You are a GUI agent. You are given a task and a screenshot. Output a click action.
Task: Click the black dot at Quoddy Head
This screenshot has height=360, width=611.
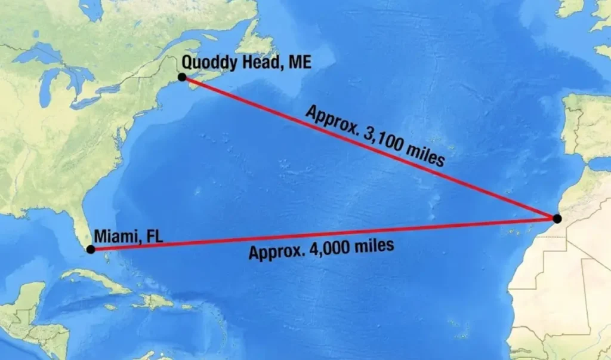(182, 77)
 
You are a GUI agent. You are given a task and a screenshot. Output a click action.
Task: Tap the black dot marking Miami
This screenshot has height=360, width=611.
(90, 250)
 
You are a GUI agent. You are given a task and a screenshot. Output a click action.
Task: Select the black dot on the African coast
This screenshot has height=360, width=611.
(557, 219)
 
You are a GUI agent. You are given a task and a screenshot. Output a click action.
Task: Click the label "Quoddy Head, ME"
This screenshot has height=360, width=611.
(246, 61)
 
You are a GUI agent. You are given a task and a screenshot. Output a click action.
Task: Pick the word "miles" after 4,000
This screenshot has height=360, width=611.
(372, 245)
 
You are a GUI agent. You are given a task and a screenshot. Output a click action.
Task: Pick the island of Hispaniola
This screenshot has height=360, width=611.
(156, 300)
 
